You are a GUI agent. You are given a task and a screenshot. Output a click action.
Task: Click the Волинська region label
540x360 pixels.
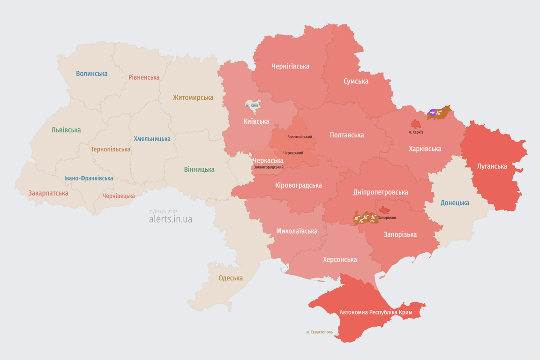[x=91, y=74]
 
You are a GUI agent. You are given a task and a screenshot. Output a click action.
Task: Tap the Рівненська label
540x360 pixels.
[x=144, y=77]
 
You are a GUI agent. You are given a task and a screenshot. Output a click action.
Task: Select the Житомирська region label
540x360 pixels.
[x=193, y=97]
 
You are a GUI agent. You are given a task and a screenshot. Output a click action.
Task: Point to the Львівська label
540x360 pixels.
[x=66, y=130]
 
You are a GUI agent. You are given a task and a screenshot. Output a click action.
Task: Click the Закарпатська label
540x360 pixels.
[x=48, y=193]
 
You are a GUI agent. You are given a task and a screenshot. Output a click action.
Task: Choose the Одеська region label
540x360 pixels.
[x=231, y=278]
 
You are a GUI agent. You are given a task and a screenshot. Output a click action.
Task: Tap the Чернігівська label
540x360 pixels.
[x=290, y=66]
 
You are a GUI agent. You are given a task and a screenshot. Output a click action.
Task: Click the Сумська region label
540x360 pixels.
[x=356, y=81]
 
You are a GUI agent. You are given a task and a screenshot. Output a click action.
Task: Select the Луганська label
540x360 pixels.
[x=492, y=166]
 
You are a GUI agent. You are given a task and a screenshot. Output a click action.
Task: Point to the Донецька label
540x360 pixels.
[x=455, y=203]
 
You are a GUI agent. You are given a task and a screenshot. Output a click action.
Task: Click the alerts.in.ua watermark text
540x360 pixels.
[x=170, y=219]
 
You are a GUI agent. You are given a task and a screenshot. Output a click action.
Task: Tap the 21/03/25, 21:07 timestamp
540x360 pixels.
[x=163, y=212]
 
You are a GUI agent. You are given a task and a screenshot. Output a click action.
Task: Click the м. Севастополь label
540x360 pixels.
[x=319, y=332]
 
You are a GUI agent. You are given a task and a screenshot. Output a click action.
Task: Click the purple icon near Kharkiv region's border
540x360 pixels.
[x=433, y=112]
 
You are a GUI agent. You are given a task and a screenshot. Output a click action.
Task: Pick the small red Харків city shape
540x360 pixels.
[x=416, y=124]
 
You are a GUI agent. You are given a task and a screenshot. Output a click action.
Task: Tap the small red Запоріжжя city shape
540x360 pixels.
[x=384, y=210]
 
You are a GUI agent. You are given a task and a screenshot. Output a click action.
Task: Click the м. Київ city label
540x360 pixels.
[x=252, y=105]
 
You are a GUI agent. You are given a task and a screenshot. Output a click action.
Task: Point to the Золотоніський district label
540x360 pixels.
[x=300, y=137]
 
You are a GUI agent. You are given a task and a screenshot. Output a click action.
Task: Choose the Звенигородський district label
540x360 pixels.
[x=269, y=167]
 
